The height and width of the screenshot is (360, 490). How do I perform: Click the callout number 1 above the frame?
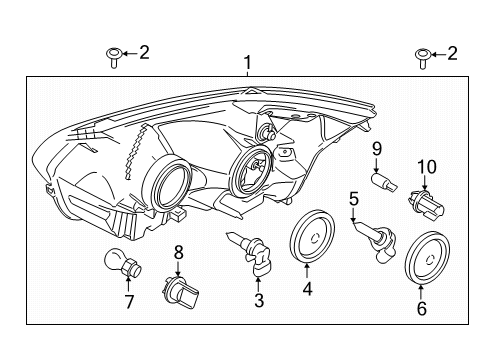247,63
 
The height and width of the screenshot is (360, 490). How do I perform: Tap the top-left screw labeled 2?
114,57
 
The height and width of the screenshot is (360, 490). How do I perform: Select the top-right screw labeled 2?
422,59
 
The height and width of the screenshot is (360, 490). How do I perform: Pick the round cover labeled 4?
312,237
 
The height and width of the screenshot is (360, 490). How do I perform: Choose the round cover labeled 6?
428,258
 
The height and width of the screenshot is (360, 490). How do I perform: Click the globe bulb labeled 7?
123,262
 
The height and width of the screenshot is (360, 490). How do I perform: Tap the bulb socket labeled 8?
180,292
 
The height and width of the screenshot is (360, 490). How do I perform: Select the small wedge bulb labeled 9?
384,181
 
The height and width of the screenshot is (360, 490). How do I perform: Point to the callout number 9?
377,149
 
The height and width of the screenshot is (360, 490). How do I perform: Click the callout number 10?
427,167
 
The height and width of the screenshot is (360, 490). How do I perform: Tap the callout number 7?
129,302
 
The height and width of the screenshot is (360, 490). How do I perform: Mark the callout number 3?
259,300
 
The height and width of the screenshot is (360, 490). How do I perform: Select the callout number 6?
422,308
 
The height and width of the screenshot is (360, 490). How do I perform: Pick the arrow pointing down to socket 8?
179,269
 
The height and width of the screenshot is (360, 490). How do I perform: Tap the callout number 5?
354,199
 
